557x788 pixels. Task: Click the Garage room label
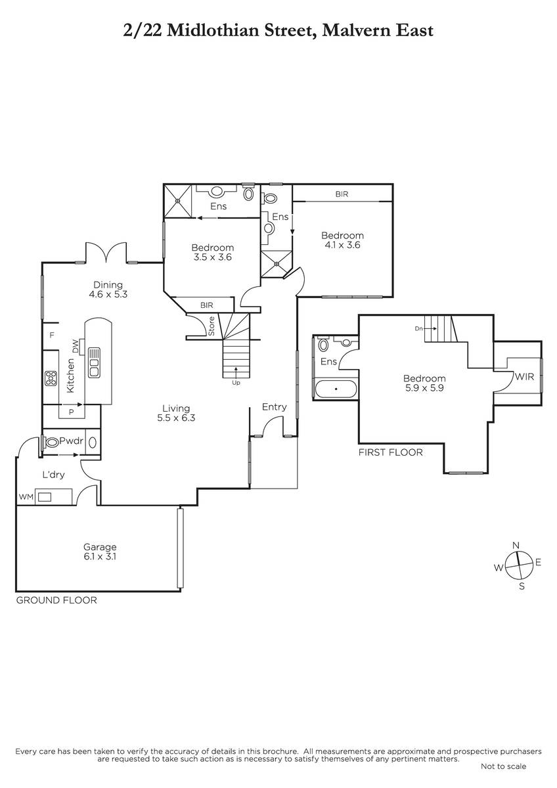tap(100, 547)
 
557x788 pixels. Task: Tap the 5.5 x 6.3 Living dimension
tap(176, 418)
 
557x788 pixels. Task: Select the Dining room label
tap(108, 285)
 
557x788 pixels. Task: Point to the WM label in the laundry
tap(26, 496)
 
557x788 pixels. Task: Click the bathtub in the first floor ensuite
tap(336, 389)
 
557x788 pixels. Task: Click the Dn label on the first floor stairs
tap(418, 328)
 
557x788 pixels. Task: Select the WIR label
tap(524, 377)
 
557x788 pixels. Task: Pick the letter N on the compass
tap(516, 546)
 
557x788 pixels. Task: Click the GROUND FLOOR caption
tap(56, 600)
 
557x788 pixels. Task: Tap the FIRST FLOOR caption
tap(391, 452)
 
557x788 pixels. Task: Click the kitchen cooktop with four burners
tap(51, 378)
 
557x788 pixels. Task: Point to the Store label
tap(212, 326)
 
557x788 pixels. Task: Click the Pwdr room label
tap(72, 441)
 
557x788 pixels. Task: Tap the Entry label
tap(275, 407)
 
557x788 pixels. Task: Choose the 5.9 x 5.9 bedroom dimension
tap(424, 388)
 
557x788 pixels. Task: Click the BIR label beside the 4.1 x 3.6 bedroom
tap(342, 194)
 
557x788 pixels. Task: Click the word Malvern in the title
tap(357, 30)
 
